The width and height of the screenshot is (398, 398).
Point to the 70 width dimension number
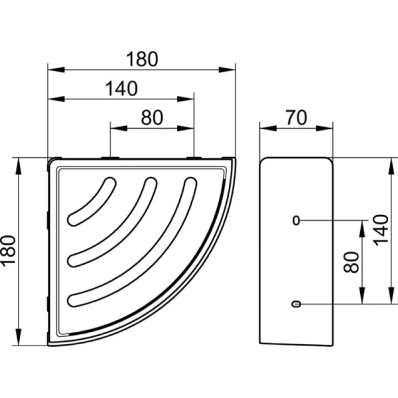coord(297,117)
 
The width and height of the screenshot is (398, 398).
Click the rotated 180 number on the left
coord(9,251)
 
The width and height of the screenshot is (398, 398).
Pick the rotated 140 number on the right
coord(381,230)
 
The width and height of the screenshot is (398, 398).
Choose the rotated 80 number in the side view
coord(352,262)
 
